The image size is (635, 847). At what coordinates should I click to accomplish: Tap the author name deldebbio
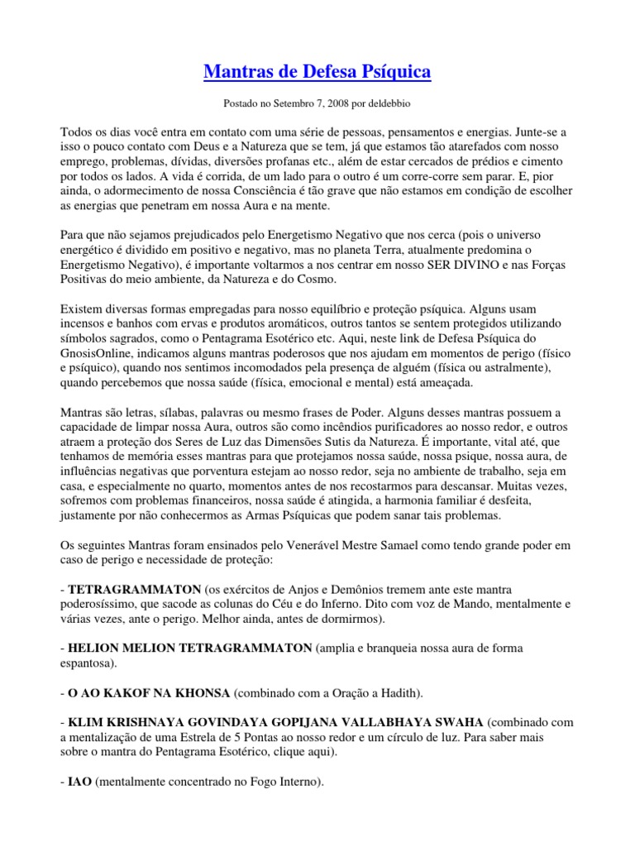pyautogui.click(x=386, y=105)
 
